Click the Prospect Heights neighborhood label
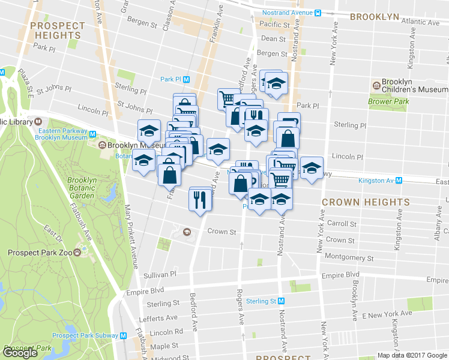tap(58, 31)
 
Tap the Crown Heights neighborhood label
tap(366, 203)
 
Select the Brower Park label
tap(388, 101)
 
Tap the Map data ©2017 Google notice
tap(412, 355)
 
